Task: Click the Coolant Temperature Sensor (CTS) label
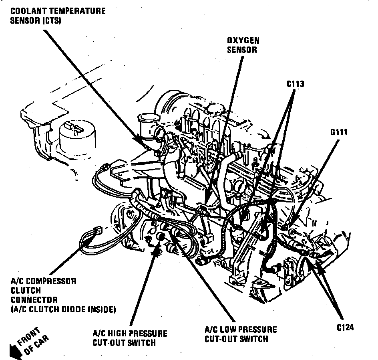58,16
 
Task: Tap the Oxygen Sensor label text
243,45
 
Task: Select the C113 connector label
295,84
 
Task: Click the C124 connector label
345,327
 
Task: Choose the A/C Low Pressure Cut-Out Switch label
241,334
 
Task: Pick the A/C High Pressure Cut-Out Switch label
129,338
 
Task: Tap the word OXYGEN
243,40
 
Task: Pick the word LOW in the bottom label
228,330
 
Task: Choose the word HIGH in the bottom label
116,334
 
